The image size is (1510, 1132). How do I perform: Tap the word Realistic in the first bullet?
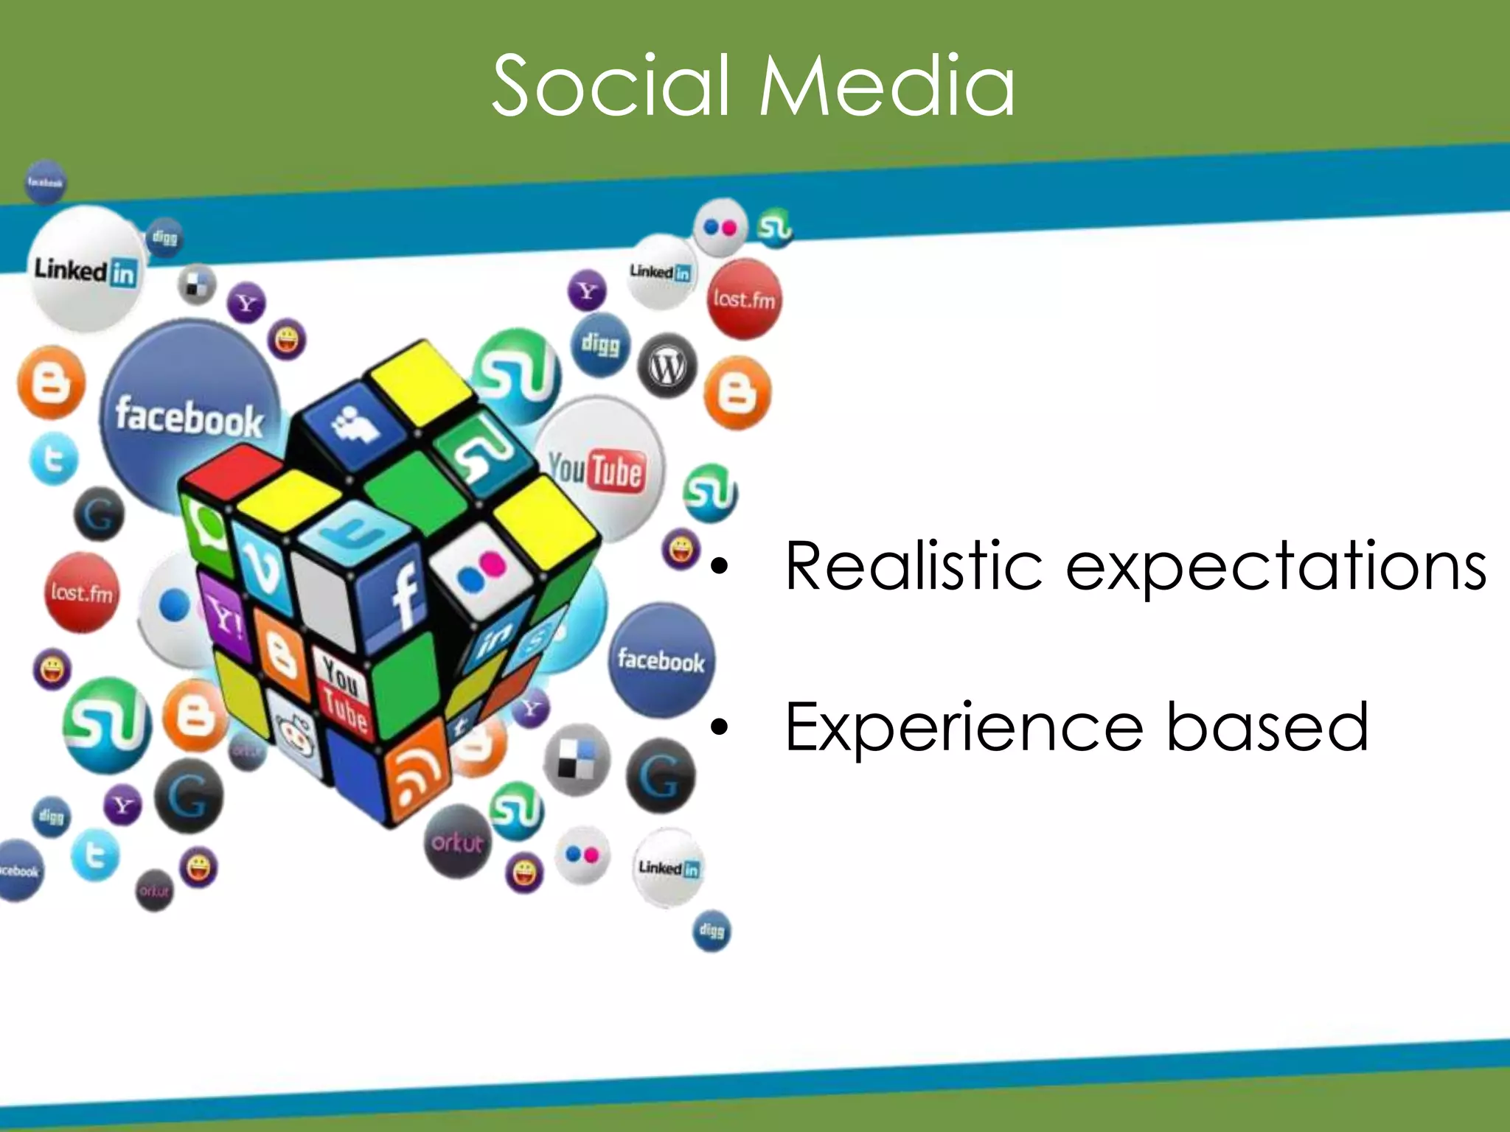coord(913,566)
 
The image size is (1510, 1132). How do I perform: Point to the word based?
coord(1267,728)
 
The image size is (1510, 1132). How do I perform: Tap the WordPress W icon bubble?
coord(667,366)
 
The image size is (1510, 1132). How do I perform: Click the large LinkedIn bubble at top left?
coord(86,270)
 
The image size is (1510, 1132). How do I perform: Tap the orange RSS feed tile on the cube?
coord(417,771)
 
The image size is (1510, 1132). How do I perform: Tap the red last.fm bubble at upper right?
coord(744,299)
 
